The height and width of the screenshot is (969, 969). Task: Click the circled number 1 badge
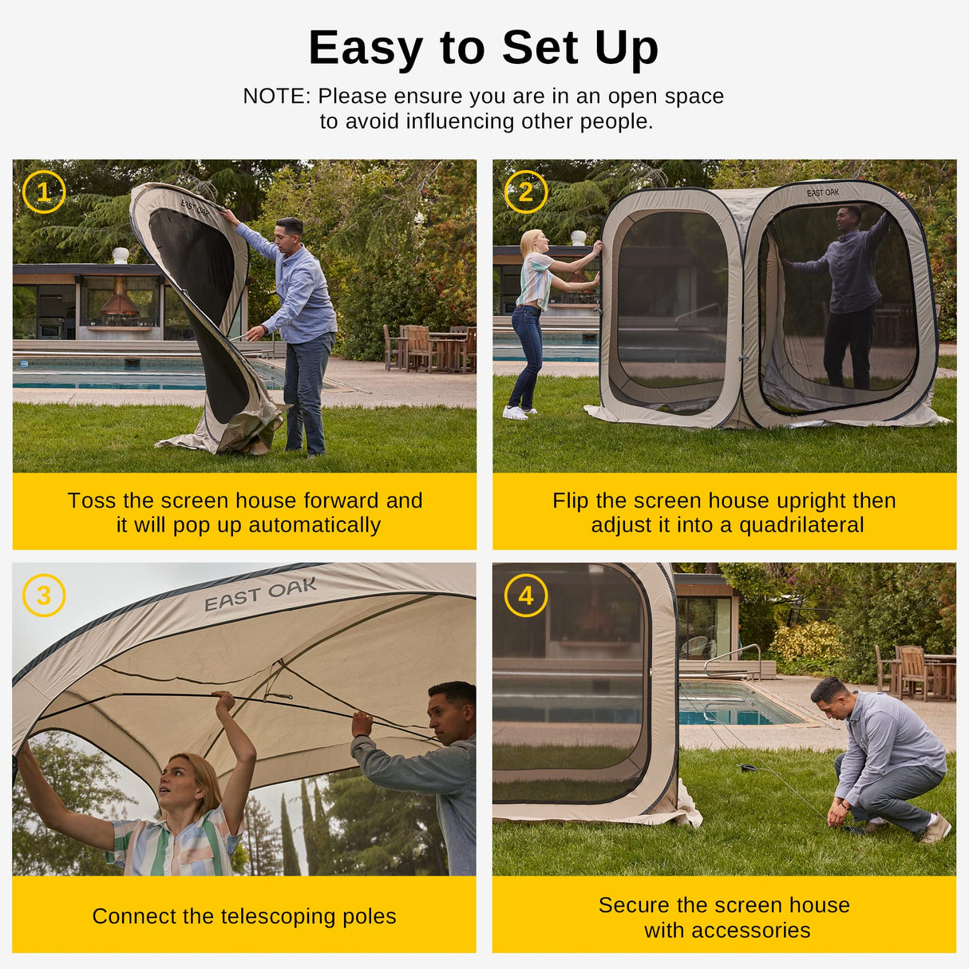[x=44, y=192]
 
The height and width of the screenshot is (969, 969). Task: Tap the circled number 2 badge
[x=526, y=192]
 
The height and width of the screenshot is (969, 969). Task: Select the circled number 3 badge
[x=44, y=595]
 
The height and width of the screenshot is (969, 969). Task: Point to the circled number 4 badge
[x=526, y=595]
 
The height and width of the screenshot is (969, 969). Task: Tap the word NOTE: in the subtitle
[x=276, y=97]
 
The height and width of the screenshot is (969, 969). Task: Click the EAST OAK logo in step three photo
[x=260, y=595]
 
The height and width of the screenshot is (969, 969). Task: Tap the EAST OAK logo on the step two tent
[x=822, y=192]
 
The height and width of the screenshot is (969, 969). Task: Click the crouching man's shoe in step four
[x=936, y=829]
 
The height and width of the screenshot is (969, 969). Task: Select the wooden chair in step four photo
[x=914, y=672]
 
